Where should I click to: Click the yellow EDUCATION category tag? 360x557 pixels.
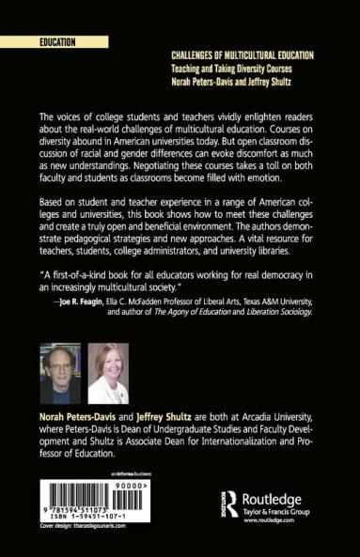click(57, 43)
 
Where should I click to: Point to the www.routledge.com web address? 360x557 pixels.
click(271, 519)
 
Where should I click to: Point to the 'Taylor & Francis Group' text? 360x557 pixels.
click(274, 510)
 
